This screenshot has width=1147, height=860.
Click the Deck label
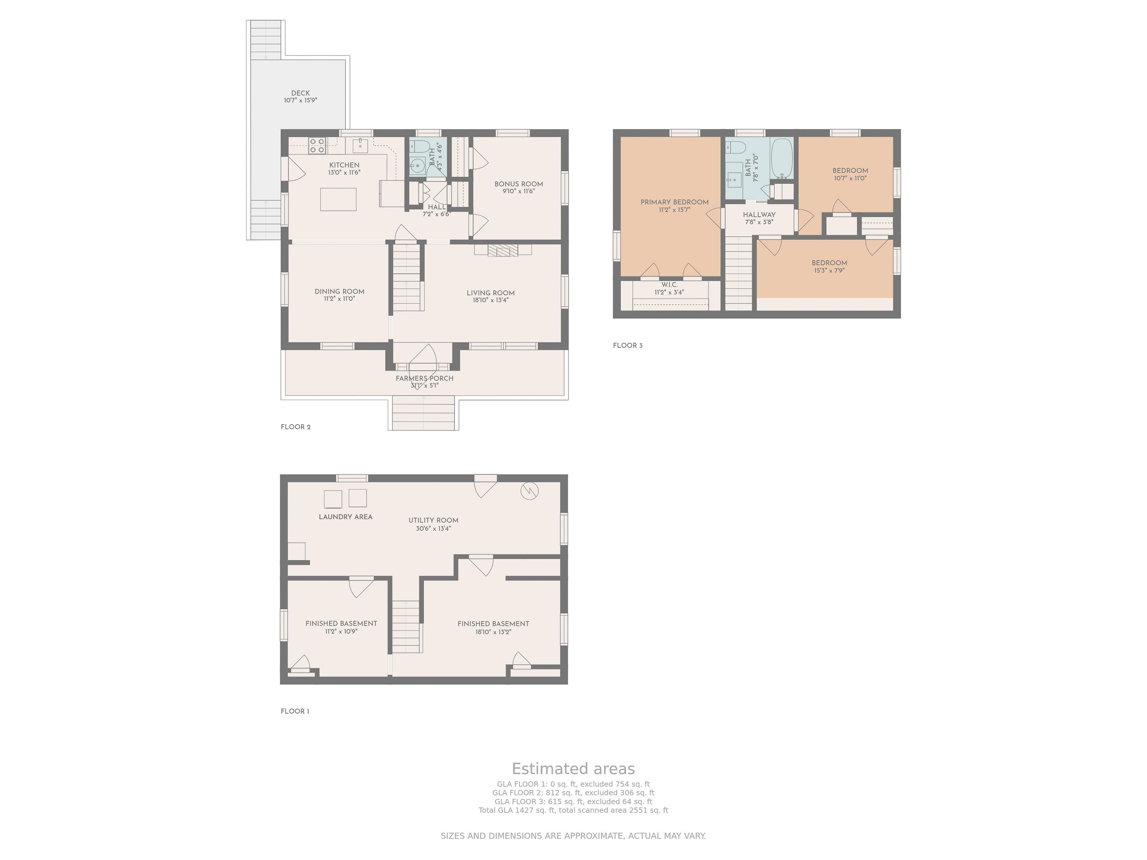click(x=300, y=93)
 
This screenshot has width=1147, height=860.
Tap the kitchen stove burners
click(x=317, y=146)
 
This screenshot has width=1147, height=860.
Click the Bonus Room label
click(x=519, y=184)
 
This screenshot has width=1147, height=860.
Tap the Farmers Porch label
click(x=425, y=378)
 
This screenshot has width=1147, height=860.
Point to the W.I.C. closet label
click(x=669, y=284)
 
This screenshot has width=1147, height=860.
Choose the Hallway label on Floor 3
click(x=759, y=215)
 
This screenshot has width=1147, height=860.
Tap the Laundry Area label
click(x=345, y=517)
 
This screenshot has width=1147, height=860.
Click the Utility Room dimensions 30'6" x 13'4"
click(x=433, y=529)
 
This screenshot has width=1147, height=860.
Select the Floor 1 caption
click(x=295, y=711)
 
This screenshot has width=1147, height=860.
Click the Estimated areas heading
click(x=573, y=769)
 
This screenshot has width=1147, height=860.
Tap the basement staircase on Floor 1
click(x=405, y=626)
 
